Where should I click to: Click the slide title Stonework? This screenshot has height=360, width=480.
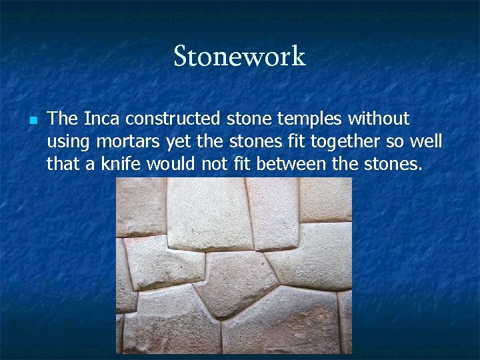tap(239, 56)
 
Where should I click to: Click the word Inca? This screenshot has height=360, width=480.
tap(102, 119)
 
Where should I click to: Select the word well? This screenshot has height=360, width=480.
tap(425, 141)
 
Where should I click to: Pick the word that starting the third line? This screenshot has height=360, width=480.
tap(63, 164)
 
